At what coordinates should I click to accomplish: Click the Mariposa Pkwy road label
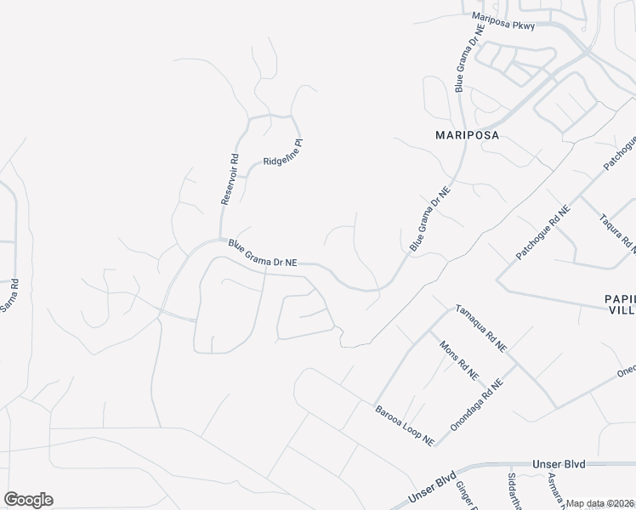point(504,20)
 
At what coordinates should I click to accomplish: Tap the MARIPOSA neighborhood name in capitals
point(467,135)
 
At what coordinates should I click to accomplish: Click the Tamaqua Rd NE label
point(480,329)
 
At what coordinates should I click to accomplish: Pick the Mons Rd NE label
point(458,360)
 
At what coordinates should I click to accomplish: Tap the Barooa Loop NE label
point(405,425)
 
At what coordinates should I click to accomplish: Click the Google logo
point(28,500)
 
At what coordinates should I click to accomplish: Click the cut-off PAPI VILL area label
point(620,304)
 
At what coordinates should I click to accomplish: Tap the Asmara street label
point(554,488)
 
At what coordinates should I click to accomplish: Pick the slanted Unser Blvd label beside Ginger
point(434,488)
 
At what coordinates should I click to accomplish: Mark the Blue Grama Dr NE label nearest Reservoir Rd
point(262,253)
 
